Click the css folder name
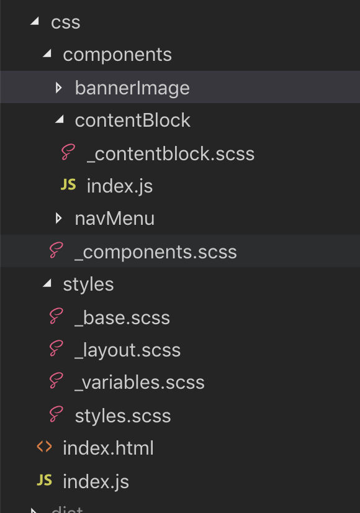coord(65,23)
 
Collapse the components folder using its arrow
coord(47,53)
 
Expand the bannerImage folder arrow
coord(59,88)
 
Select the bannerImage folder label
coord(132,88)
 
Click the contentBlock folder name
coord(132,120)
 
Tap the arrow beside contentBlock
coord(59,119)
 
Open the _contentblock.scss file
coord(170,154)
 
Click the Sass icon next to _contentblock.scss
coord(68,152)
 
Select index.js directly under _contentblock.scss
coord(120,186)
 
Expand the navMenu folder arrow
coord(59,218)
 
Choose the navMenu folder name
coord(114,219)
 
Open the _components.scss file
coord(155,252)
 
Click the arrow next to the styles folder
coord(47,283)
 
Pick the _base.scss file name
coord(122,318)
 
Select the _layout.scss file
coord(127,350)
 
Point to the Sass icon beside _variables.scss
coord(56,381)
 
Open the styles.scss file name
coord(123,416)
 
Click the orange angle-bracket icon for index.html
coord(45,447)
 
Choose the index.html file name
coord(108,448)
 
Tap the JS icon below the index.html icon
coord(45,480)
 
